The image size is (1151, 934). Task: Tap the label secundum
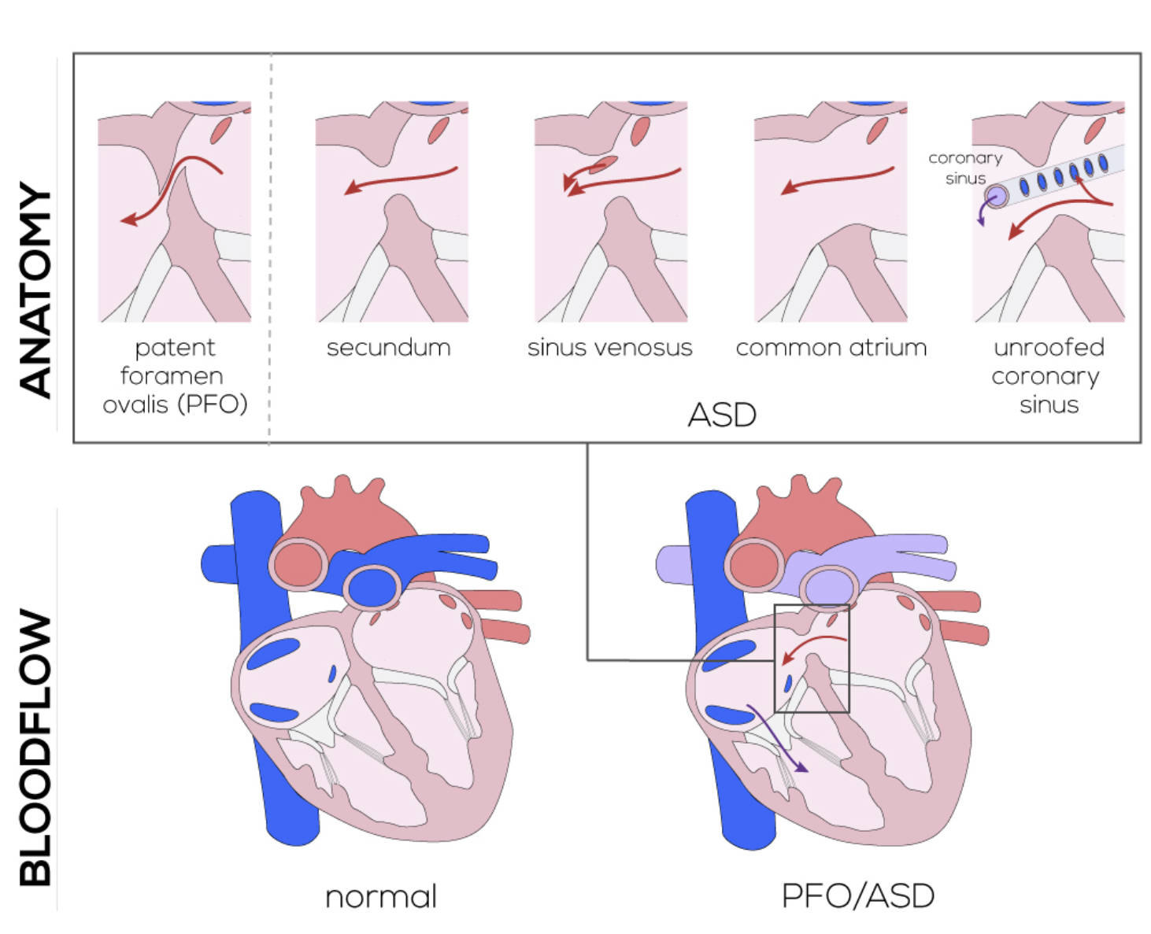click(389, 347)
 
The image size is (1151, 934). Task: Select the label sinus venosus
click(609, 347)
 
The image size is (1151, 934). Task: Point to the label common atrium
click(831, 347)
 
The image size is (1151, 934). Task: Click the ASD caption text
click(722, 415)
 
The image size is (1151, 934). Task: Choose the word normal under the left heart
click(381, 896)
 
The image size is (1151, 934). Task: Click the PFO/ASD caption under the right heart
click(858, 895)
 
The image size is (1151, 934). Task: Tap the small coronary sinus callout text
click(965, 168)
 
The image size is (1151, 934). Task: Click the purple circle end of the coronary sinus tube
click(997, 197)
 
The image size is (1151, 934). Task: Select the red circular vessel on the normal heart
click(298, 563)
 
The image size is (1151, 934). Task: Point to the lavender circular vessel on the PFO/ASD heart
click(829, 587)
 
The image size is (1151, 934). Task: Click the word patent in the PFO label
click(175, 347)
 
